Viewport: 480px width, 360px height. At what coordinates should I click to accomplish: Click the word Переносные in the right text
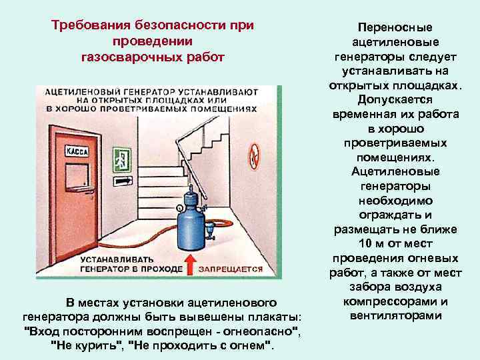click(x=395, y=27)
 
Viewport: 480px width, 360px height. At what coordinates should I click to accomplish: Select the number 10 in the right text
click(x=365, y=243)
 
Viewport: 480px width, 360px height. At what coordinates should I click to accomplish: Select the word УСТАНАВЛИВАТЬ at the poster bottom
click(x=117, y=259)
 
